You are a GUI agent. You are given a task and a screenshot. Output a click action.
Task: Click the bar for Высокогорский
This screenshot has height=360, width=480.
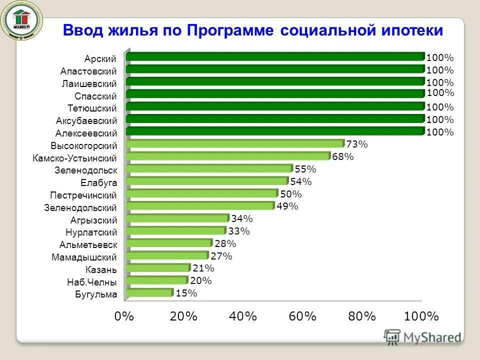235,144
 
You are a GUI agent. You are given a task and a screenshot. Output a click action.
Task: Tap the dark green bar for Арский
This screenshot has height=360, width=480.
275,56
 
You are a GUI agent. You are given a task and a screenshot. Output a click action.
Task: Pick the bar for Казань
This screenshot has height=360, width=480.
158,268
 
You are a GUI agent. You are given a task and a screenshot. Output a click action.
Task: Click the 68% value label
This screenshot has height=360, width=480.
343,157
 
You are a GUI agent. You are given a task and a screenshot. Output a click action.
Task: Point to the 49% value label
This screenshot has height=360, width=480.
287,206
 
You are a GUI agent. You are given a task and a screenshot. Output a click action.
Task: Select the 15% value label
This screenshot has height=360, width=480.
186,293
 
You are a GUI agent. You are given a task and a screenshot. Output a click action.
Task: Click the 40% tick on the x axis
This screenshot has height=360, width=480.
243,316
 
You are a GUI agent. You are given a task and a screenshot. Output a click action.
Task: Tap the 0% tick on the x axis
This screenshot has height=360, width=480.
124,316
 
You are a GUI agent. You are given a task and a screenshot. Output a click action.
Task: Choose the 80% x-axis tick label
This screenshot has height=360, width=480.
362,316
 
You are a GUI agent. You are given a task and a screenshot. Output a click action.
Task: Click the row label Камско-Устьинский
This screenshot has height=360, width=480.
75,158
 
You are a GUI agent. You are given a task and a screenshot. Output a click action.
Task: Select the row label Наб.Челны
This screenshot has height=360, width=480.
92,282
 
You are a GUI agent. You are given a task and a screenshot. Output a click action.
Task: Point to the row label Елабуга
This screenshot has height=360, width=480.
98,183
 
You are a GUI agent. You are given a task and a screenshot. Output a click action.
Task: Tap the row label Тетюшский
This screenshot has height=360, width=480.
92,108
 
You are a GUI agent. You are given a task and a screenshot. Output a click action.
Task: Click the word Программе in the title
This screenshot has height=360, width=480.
230,30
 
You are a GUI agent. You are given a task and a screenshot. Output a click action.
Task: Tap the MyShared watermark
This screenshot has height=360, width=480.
422,337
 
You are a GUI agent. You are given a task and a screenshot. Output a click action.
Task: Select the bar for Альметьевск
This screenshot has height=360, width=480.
169,243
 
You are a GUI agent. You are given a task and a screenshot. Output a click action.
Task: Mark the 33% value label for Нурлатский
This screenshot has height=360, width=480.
238,231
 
